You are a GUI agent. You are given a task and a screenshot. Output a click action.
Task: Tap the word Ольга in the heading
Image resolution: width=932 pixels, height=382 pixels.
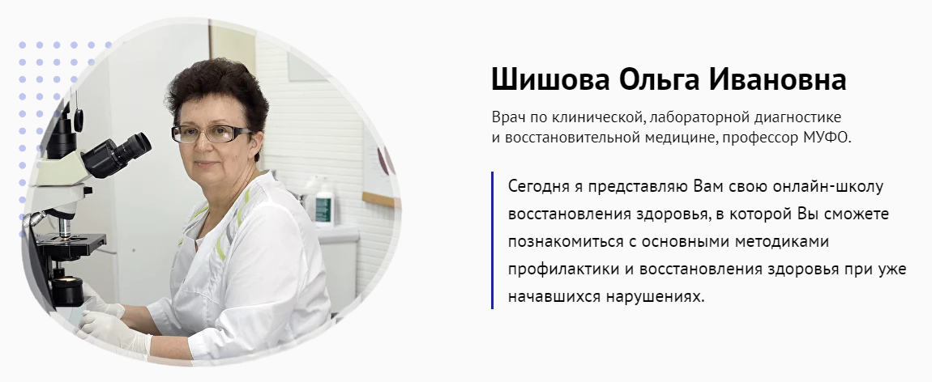coord(656,79)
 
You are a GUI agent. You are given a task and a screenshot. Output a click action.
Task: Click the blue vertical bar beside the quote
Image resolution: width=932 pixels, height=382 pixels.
coord(492,240)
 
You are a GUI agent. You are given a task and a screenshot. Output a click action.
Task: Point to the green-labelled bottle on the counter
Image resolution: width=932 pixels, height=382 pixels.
coord(324,203)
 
